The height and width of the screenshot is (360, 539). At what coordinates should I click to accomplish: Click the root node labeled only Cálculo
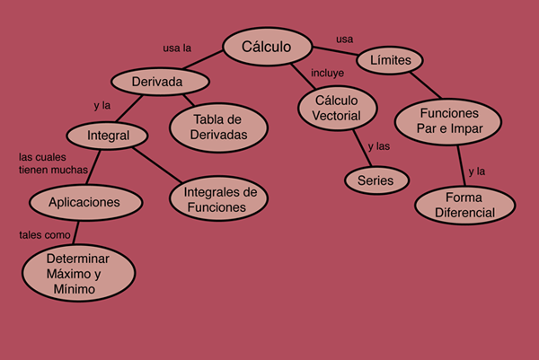click(268, 47)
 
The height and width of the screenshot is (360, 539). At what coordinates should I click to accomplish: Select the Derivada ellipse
click(160, 82)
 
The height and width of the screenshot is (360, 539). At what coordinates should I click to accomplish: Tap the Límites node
click(390, 60)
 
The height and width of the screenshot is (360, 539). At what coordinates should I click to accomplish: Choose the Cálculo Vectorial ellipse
click(338, 108)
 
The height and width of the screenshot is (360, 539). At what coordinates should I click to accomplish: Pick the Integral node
click(107, 136)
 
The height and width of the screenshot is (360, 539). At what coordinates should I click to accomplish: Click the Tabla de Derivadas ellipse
click(218, 127)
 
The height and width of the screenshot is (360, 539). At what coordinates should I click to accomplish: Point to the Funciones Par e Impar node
click(448, 121)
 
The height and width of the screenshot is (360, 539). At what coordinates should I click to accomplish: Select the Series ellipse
click(376, 180)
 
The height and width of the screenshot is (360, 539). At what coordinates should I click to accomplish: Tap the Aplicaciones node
click(86, 202)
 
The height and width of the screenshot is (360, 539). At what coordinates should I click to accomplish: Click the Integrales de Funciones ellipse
click(218, 198)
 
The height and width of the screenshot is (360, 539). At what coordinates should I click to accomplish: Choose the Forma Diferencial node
click(465, 205)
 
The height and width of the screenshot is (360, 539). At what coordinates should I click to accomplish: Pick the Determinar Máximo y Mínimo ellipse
click(79, 273)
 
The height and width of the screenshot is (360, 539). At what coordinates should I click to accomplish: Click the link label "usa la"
click(177, 48)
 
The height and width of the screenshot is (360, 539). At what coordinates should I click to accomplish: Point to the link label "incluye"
click(327, 73)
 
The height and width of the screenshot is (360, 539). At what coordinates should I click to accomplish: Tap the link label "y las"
click(379, 146)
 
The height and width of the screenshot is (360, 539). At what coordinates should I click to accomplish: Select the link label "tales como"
click(45, 235)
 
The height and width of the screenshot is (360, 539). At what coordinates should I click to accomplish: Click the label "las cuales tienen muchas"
click(53, 163)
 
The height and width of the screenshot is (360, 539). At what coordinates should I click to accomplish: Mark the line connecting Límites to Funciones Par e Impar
click(426, 85)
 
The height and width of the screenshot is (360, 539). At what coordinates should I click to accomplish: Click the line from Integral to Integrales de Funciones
click(157, 165)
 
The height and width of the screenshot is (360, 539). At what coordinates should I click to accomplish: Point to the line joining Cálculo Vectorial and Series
click(362, 148)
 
